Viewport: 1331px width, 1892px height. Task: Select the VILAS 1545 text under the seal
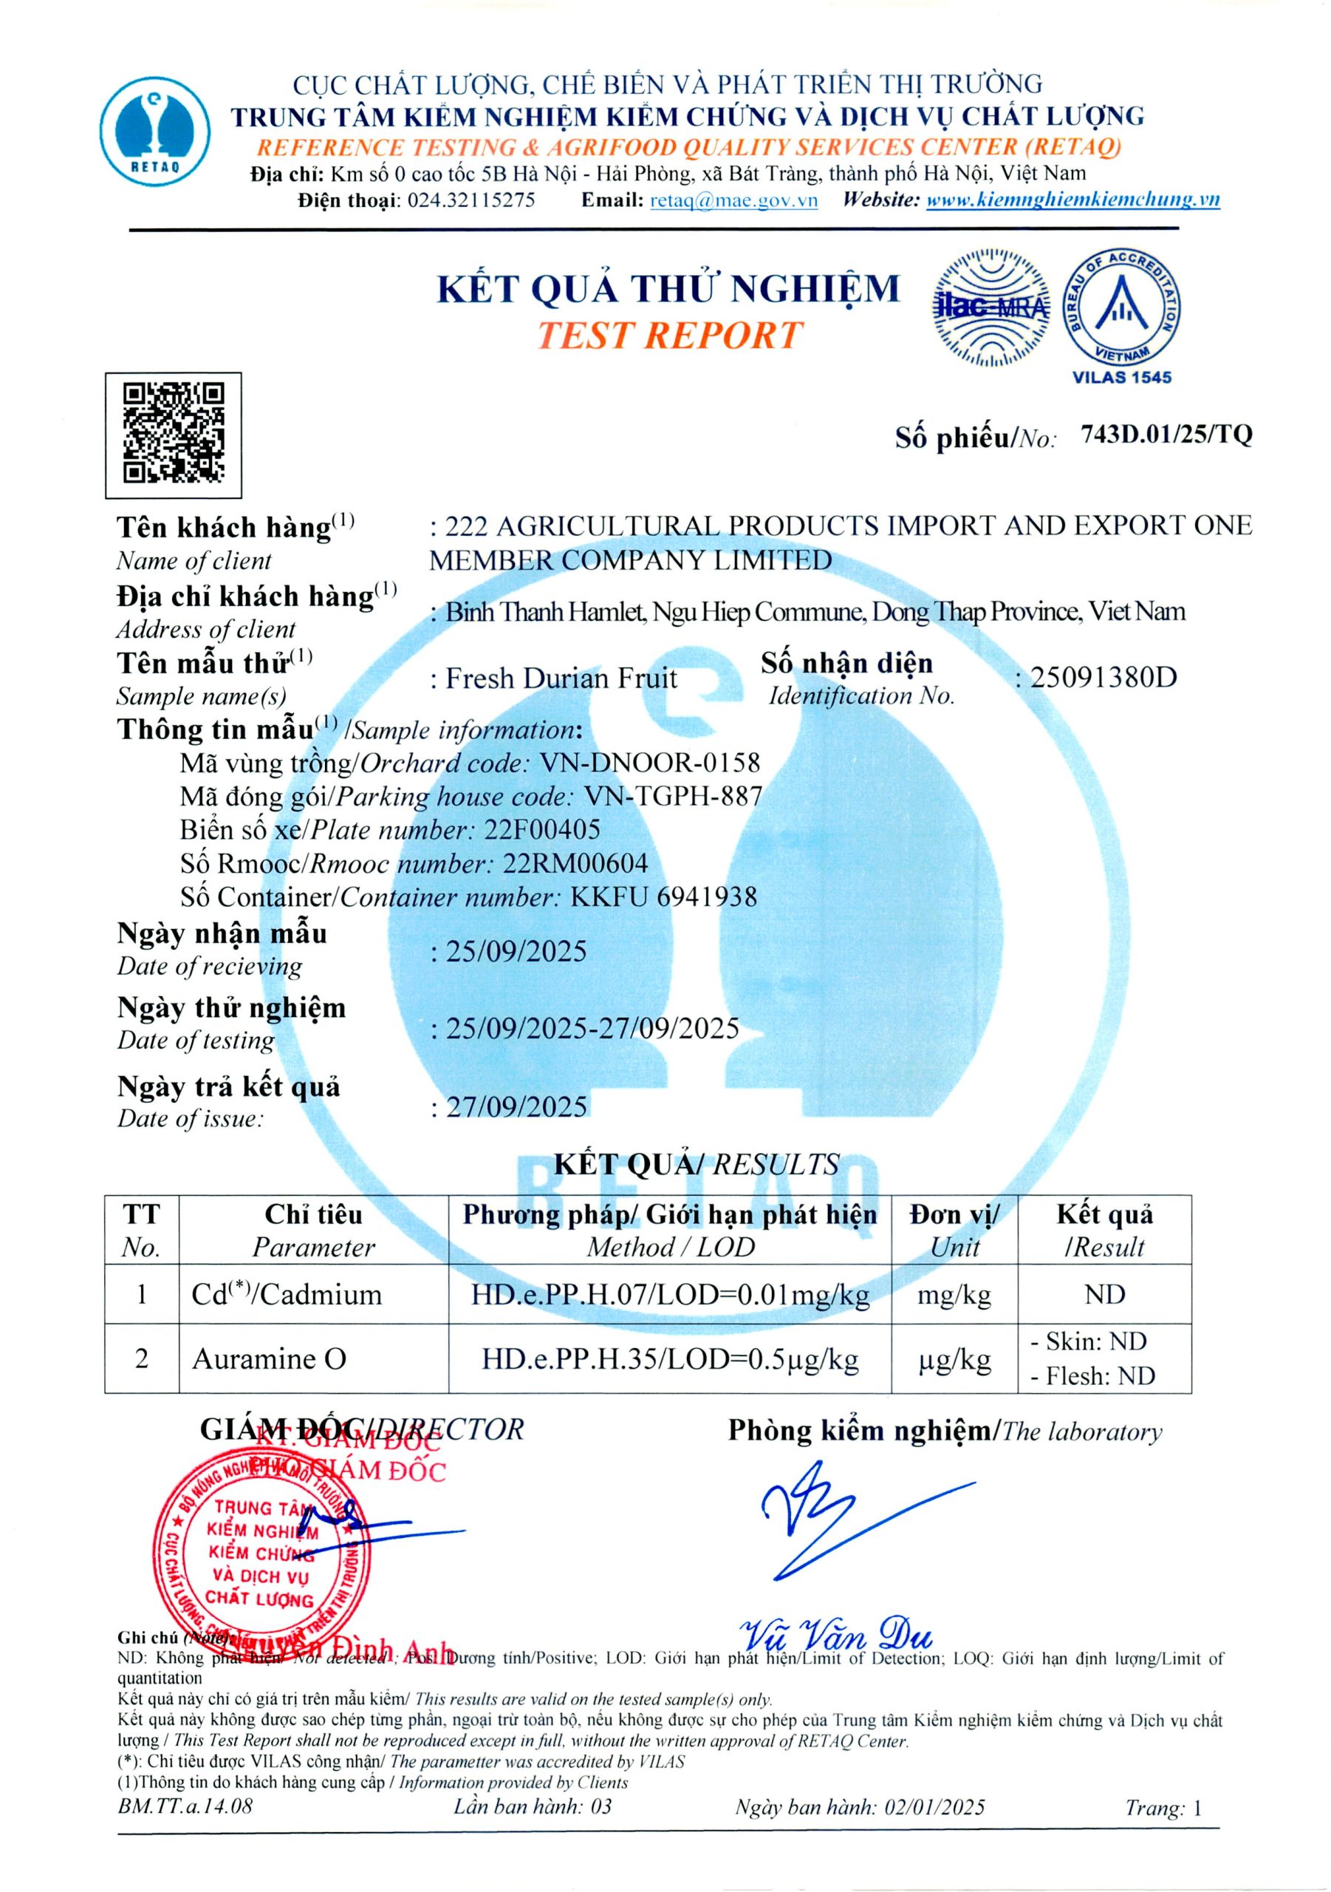pyautogui.click(x=1121, y=378)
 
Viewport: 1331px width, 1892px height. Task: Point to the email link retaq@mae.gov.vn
pyautogui.click(x=733, y=200)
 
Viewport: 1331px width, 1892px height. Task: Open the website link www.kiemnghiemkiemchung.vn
pyautogui.click(x=1072, y=200)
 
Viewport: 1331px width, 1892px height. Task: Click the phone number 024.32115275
pyautogui.click(x=471, y=200)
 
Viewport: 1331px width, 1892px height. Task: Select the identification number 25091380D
pyautogui.click(x=1103, y=678)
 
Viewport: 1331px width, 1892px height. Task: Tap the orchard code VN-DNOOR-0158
pyautogui.click(x=649, y=762)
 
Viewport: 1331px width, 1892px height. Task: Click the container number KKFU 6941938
pyautogui.click(x=663, y=896)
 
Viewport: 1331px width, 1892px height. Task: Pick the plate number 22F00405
pyautogui.click(x=542, y=829)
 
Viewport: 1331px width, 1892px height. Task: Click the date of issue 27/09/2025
pyautogui.click(x=516, y=1106)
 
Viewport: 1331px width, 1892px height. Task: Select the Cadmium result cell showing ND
pyautogui.click(x=1104, y=1295)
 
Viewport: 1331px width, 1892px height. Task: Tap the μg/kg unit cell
pyautogui.click(x=954, y=1359)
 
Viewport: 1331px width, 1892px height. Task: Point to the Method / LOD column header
pyautogui.click(x=670, y=1247)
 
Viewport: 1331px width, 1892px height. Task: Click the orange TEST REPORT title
pyautogui.click(x=668, y=336)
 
